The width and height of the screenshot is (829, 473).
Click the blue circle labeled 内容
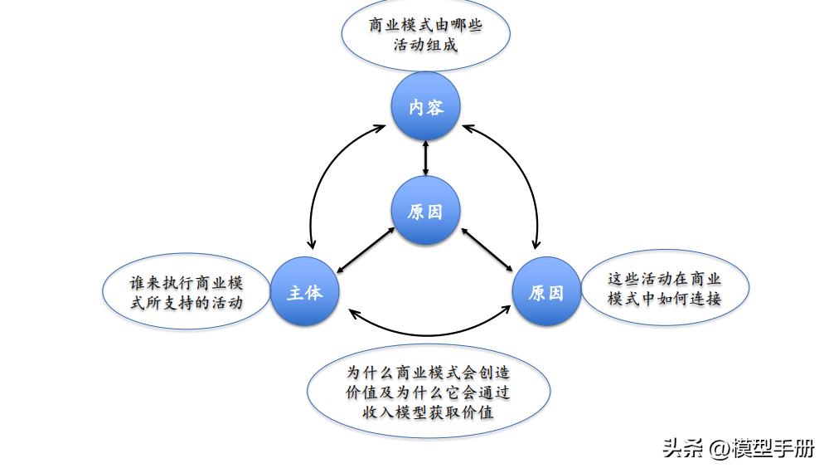(425, 107)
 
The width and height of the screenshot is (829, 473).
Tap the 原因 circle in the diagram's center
(425, 211)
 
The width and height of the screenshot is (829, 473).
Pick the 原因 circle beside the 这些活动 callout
(545, 292)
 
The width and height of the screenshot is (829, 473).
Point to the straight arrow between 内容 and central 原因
(425, 158)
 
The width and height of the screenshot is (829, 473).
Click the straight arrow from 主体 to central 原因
(365, 251)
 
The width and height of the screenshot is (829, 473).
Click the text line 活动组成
(425, 45)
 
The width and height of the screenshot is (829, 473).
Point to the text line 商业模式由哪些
(425, 25)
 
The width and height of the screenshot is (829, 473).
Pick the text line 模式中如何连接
(665, 299)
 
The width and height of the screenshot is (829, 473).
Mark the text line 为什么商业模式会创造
(429, 373)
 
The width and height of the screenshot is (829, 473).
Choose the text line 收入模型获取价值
(429, 412)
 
